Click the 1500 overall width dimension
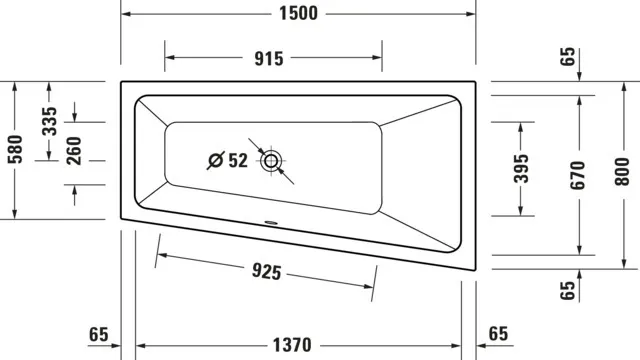(297, 13)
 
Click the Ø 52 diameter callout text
(227, 160)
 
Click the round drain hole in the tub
(271, 160)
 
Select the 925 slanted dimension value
(266, 271)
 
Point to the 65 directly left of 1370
(98, 334)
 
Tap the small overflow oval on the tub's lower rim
(270, 222)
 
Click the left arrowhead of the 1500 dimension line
(125, 13)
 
